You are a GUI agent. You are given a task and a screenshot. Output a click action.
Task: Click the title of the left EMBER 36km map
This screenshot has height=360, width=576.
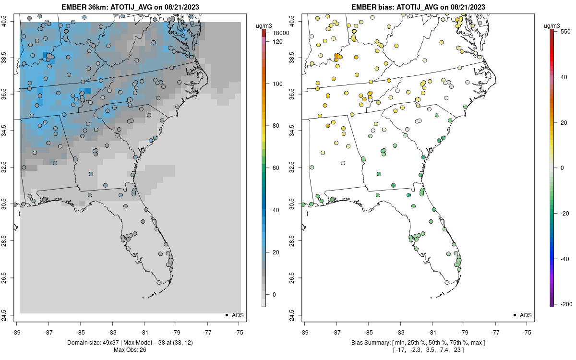[x=130, y=7]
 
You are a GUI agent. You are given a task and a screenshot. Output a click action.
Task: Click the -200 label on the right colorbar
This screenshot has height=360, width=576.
[x=567, y=304]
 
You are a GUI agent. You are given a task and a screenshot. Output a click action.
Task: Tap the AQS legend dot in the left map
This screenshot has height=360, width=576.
[x=226, y=315]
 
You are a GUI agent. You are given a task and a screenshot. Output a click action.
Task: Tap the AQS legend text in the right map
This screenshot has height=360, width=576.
[x=526, y=315]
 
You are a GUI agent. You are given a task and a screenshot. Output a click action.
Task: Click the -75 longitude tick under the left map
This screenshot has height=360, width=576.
[x=239, y=332]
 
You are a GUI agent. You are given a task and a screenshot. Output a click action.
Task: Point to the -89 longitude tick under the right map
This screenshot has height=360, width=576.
[x=304, y=332]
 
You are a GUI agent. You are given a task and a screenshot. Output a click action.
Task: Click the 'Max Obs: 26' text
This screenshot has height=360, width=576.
[x=130, y=350]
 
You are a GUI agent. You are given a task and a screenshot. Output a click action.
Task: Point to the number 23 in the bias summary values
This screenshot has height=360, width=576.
[x=457, y=350]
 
